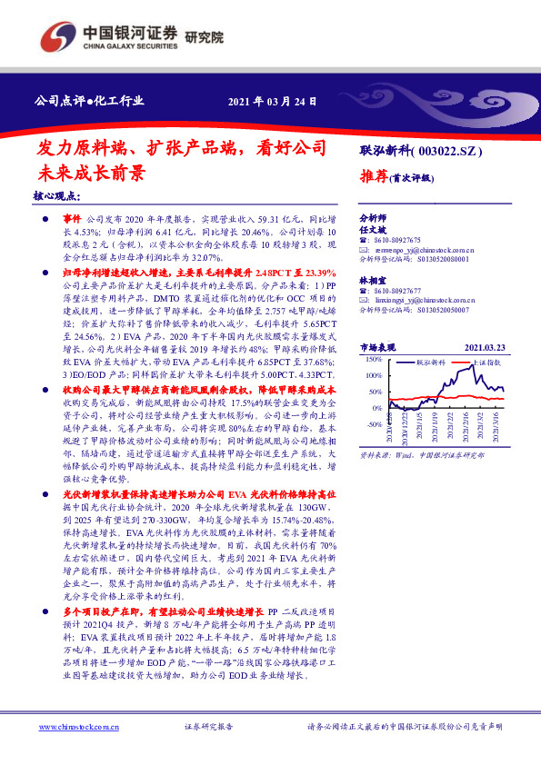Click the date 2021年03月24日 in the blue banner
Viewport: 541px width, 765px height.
(272, 100)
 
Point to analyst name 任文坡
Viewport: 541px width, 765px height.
(374, 231)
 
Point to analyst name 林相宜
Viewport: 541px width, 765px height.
(374, 282)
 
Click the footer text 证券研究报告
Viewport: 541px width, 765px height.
(209, 728)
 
